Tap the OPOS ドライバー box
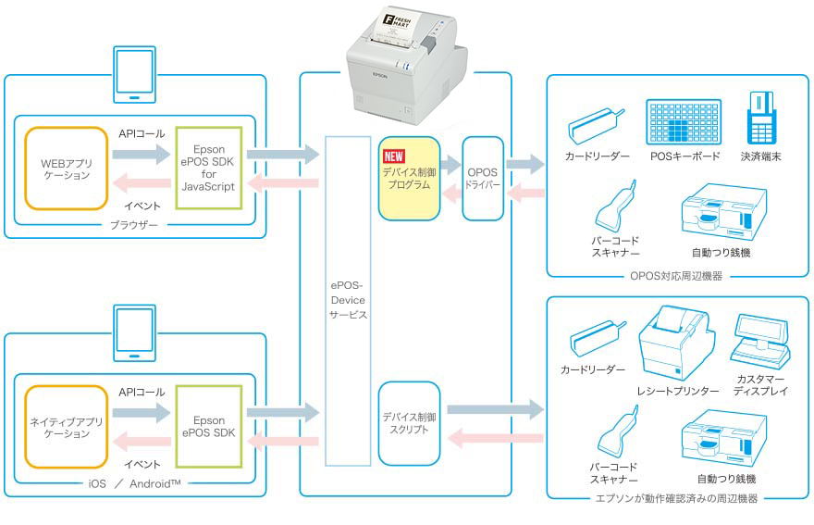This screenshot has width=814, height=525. pyautogui.click(x=482, y=179)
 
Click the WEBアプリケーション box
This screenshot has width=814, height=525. pyautogui.click(x=66, y=168)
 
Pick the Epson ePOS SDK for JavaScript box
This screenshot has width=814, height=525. pyautogui.click(x=209, y=168)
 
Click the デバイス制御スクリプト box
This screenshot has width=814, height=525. pyautogui.click(x=408, y=422)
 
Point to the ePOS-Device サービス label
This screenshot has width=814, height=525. pyautogui.click(x=347, y=300)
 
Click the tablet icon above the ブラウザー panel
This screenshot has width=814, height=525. pyautogui.click(x=135, y=74)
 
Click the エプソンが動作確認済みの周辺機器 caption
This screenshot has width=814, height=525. pyautogui.click(x=677, y=499)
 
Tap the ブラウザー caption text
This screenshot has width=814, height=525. pyautogui.click(x=135, y=225)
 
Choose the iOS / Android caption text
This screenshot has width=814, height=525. pyautogui.click(x=135, y=483)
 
